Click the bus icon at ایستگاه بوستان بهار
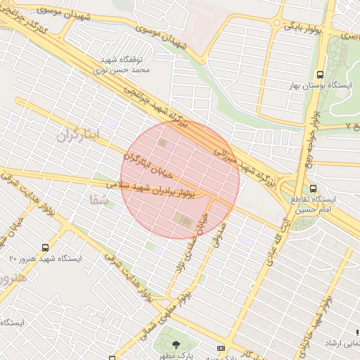click(321, 74)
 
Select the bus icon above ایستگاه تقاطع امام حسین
click(314, 188)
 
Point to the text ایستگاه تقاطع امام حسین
click(314, 204)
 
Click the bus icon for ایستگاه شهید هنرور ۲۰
click(46, 247)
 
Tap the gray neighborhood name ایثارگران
click(79, 134)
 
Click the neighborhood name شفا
click(99, 199)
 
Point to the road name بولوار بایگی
click(304, 27)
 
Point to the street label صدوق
click(217, 237)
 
